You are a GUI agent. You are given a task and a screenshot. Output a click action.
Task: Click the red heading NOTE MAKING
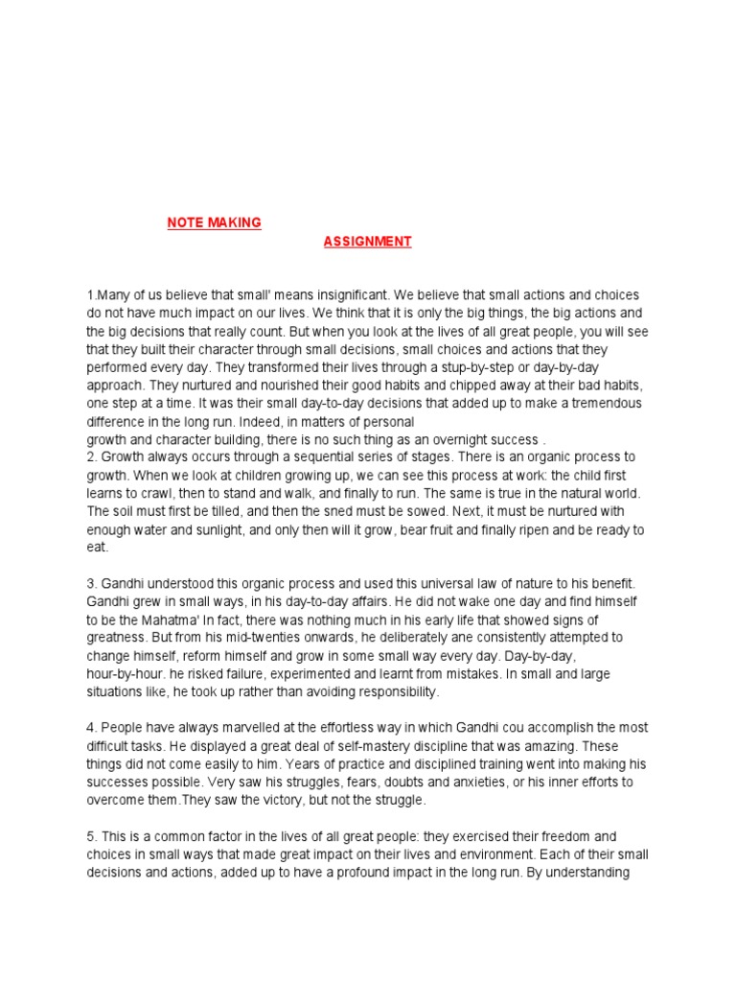click(x=214, y=222)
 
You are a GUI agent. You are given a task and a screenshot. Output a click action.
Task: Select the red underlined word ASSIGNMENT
click(x=367, y=242)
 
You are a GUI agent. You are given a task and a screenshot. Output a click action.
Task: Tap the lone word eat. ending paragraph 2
click(x=99, y=548)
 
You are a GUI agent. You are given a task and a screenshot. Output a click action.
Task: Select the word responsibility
click(x=395, y=691)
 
